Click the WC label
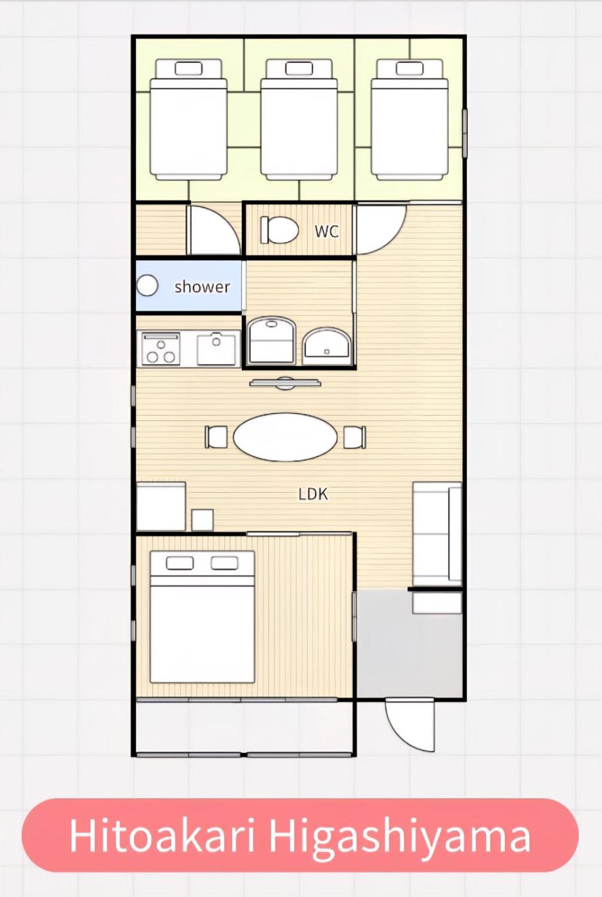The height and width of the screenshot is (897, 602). point(327,231)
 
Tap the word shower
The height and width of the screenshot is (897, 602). point(202,287)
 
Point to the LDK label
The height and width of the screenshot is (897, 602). point(313,494)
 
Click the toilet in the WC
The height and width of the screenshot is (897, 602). point(280,230)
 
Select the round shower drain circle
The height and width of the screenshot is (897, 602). point(147,286)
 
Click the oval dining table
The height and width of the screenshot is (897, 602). point(285,437)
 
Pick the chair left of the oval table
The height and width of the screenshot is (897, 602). point(215,437)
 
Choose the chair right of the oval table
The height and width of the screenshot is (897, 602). point(355,437)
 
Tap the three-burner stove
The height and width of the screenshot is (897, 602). point(159,349)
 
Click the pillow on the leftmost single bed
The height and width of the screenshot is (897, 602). point(188,69)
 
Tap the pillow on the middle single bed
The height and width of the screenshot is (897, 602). point(299,69)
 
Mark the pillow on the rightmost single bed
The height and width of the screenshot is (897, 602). point(410,69)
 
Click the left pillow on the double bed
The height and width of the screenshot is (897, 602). point(180,563)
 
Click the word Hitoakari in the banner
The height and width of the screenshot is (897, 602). point(163,835)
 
